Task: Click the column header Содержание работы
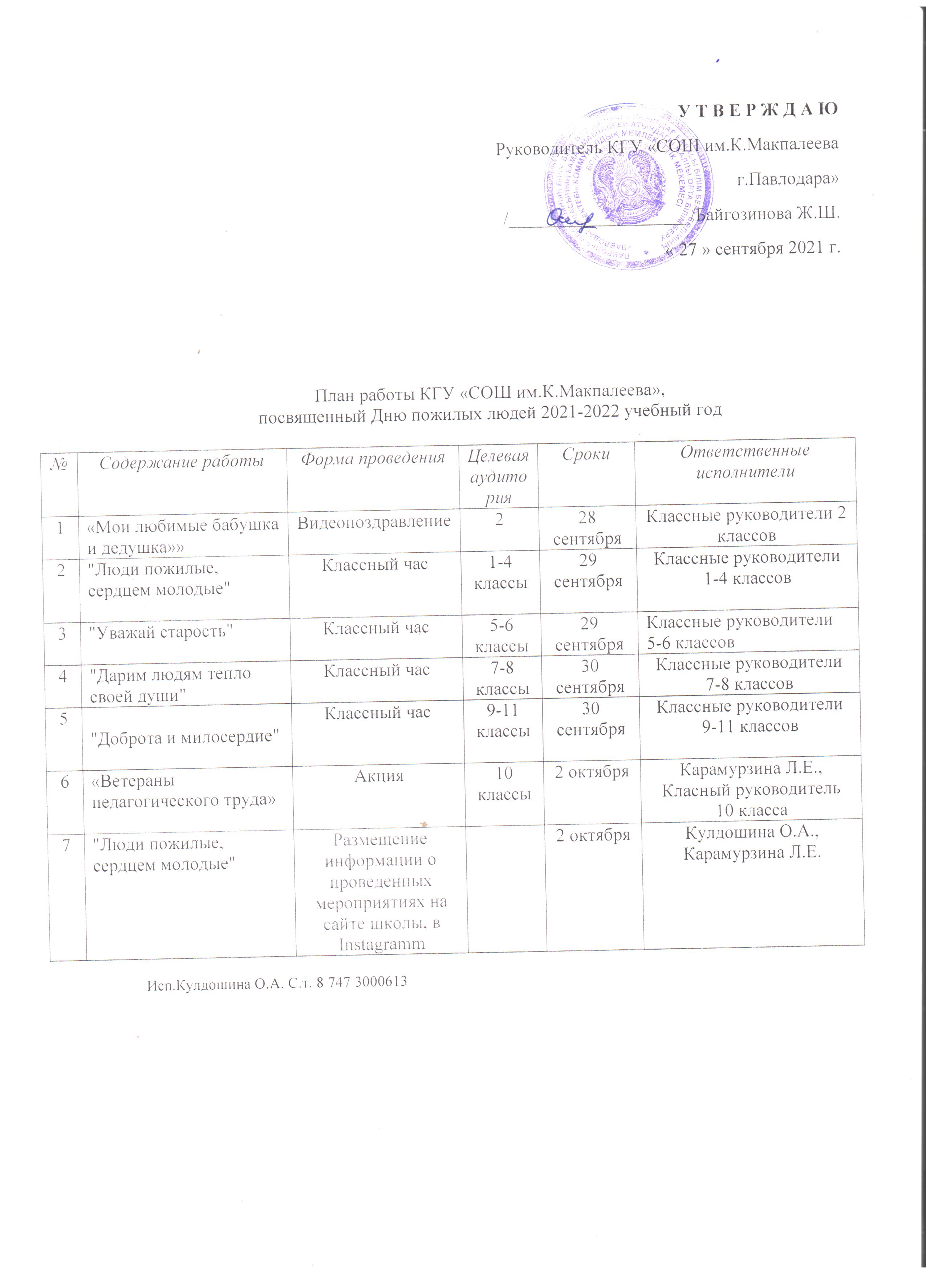point(181,462)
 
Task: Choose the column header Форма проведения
point(372,458)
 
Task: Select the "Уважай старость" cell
point(162,632)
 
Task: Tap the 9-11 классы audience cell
point(503,721)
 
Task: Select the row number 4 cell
point(63,676)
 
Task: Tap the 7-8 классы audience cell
point(502,677)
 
